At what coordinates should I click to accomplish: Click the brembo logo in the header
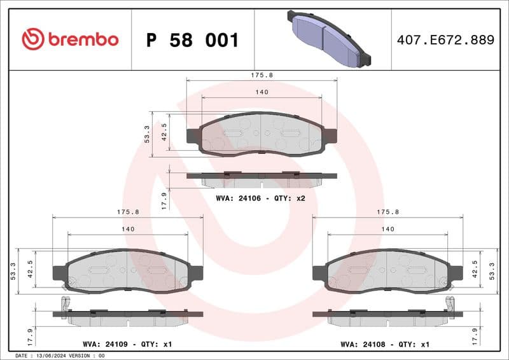[x=70, y=39]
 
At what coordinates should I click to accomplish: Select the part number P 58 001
[x=192, y=40]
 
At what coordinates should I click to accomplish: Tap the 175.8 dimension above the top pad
[x=261, y=74]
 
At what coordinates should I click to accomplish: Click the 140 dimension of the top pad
[x=261, y=92]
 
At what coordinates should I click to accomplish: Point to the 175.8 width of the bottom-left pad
[x=128, y=212]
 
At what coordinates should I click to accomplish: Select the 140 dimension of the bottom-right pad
[x=387, y=229]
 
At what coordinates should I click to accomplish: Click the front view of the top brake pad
[x=261, y=134]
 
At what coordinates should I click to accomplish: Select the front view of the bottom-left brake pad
[x=128, y=270]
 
